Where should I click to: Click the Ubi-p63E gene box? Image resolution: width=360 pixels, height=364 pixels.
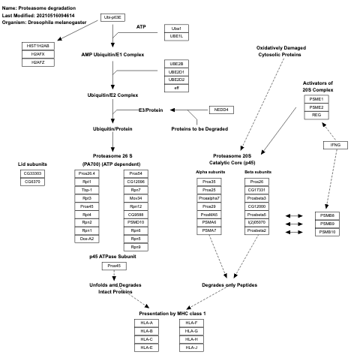pyautogui.click(x=112, y=16)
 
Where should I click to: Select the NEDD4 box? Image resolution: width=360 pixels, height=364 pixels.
pyautogui.click(x=220, y=110)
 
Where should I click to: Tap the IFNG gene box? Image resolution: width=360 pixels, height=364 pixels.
pyautogui.click(x=335, y=143)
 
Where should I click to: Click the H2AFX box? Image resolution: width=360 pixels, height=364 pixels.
pyautogui.click(x=39, y=53)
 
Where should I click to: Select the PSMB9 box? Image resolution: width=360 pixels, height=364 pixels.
pyautogui.click(x=326, y=224)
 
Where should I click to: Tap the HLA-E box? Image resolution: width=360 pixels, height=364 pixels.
pyautogui.click(x=147, y=347)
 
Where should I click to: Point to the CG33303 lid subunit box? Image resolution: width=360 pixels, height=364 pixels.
pyautogui.click(x=33, y=173)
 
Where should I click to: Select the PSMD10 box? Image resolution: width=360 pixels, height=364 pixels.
pyautogui.click(x=136, y=223)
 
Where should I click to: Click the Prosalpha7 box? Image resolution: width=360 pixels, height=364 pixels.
pyautogui.click(x=209, y=198)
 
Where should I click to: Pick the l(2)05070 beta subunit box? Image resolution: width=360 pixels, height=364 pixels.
pyautogui.click(x=256, y=223)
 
